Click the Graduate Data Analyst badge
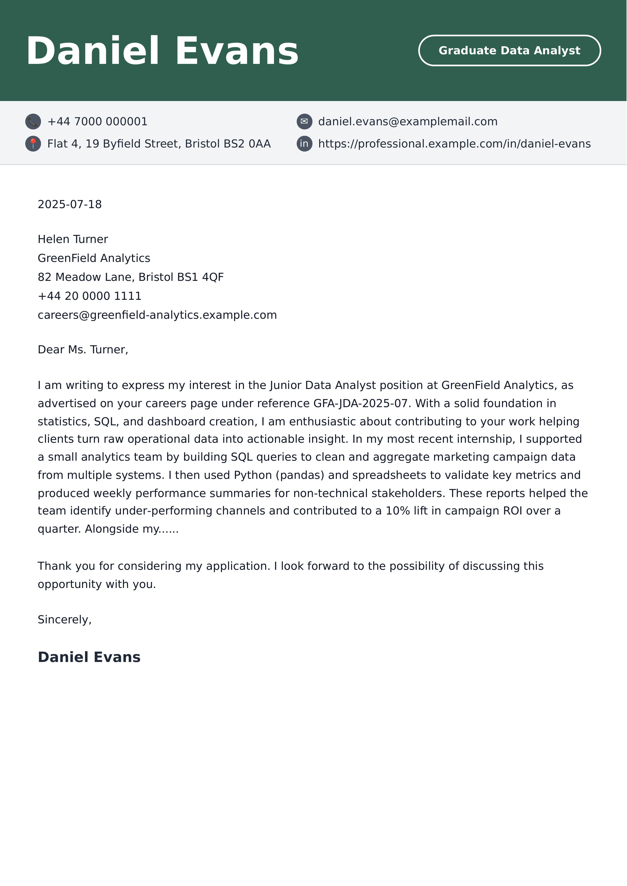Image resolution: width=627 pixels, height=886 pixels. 509,51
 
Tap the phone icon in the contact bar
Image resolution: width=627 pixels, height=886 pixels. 33,121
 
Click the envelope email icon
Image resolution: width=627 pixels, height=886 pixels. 304,121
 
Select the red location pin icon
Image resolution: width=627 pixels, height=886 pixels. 33,144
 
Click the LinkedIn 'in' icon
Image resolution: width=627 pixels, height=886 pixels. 304,144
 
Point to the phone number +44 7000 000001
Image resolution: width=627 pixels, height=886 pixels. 97,121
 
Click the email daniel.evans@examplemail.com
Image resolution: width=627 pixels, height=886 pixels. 408,121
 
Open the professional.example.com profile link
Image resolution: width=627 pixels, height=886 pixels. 455,144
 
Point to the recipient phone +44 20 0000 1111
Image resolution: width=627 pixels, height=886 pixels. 90,296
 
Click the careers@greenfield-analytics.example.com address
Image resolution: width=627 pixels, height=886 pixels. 157,315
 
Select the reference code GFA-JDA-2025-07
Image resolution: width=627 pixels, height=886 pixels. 361,403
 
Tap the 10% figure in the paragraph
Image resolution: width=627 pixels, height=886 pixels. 398,511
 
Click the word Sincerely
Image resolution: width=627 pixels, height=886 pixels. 64,620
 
